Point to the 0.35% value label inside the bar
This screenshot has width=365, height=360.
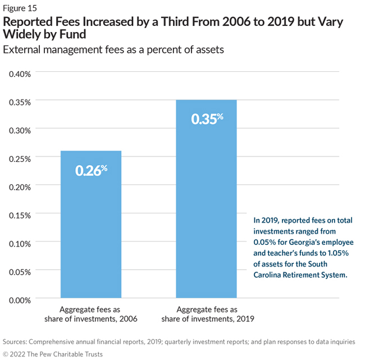(x=207, y=119)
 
